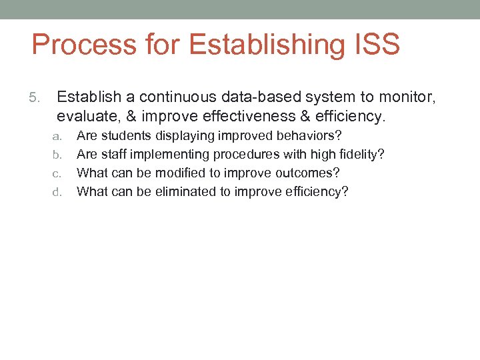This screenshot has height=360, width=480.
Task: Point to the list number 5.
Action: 36,99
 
